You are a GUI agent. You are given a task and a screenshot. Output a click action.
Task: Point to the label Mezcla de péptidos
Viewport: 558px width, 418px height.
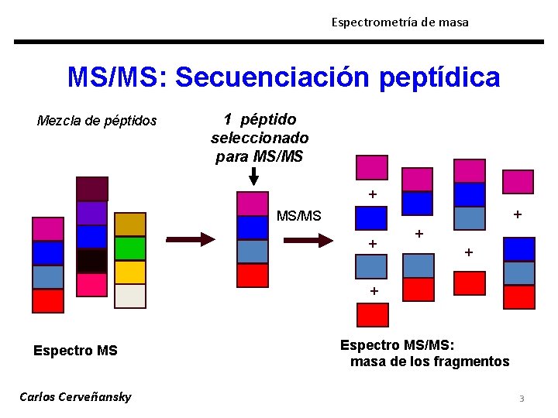coord(97,121)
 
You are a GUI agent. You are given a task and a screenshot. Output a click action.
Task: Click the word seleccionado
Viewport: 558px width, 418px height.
coord(260,138)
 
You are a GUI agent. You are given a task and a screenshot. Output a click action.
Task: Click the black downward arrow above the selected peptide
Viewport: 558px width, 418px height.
coord(253,176)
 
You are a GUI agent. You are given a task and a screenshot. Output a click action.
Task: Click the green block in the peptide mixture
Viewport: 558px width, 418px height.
coord(130,248)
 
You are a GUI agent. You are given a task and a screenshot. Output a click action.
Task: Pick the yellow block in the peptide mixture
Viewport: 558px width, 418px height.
coord(130,272)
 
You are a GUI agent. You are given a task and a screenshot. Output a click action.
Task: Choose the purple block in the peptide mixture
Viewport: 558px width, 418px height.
coord(92,213)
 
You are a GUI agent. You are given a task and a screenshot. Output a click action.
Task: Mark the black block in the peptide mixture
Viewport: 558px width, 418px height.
coord(92,260)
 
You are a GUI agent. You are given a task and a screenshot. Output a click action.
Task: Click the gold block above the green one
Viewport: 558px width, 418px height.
coord(130,224)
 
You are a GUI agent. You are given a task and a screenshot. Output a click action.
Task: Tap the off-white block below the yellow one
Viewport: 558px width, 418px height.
coord(130,296)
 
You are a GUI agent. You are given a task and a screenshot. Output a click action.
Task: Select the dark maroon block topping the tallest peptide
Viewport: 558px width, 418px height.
coord(92,189)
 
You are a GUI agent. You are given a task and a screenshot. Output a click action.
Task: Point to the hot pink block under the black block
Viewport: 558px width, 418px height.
coord(92,284)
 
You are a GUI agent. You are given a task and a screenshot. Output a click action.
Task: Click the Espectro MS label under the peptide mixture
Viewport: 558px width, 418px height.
coord(75,351)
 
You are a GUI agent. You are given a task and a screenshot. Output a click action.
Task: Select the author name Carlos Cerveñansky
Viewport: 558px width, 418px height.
coord(75,397)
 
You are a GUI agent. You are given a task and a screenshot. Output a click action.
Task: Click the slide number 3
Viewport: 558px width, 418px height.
coord(522,399)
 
